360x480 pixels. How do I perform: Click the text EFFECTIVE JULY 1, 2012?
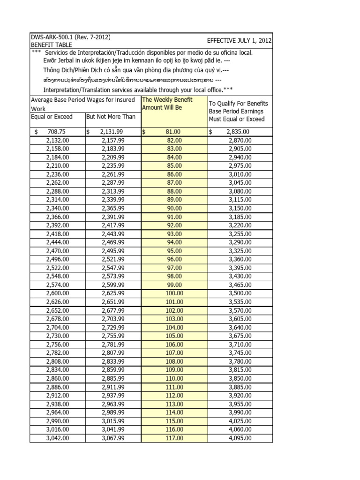tap(239, 41)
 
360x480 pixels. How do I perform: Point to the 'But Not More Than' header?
tap(110, 116)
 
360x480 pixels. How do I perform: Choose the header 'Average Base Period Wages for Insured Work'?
tap(83, 104)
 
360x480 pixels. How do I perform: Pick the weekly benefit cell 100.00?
tap(174, 293)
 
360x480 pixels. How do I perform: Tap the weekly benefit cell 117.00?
tap(174, 438)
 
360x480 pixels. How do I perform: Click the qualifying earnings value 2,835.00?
tap(240, 132)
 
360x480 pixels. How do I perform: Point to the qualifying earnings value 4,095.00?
tap(240, 438)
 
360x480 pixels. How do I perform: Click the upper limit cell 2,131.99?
tap(111, 132)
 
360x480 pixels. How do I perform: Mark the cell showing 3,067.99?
tap(113, 438)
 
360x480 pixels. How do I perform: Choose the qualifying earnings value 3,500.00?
tap(240, 293)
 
